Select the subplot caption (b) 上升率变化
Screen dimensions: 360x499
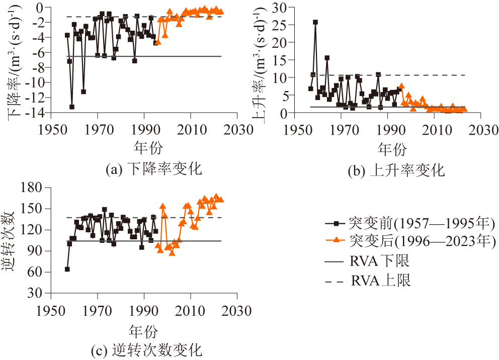(x=396, y=171)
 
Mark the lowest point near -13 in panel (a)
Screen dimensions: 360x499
(x=72, y=107)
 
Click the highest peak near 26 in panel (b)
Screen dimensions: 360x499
(x=315, y=22)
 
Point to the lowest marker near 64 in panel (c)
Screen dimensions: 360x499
(x=67, y=269)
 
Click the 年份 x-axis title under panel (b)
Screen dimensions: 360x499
(x=392, y=149)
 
